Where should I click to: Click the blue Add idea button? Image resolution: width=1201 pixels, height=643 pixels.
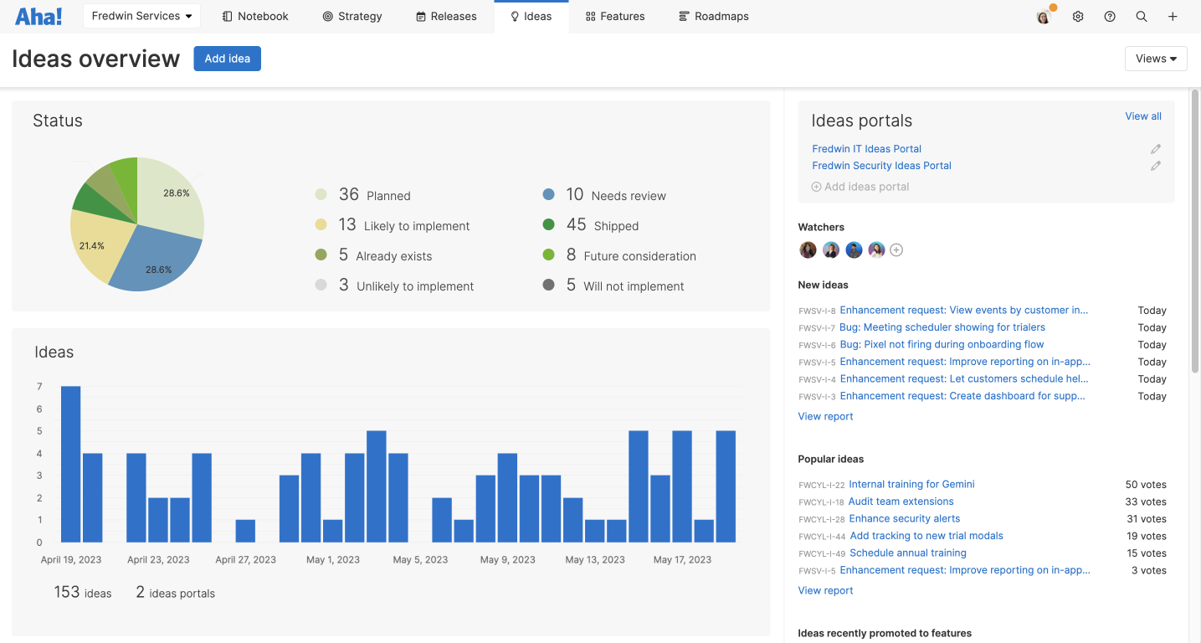(x=227, y=59)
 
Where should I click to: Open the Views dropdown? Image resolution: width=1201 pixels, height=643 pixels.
(x=1156, y=59)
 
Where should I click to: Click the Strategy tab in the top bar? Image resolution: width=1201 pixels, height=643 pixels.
(x=352, y=16)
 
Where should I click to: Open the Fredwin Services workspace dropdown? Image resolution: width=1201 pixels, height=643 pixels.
(x=141, y=16)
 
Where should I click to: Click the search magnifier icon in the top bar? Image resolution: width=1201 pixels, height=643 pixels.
(x=1142, y=17)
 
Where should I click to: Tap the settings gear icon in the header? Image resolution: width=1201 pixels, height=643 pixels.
(x=1078, y=17)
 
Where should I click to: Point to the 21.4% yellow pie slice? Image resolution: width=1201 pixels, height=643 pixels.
(x=94, y=245)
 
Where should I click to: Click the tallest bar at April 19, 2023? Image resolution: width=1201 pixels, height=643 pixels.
(x=71, y=464)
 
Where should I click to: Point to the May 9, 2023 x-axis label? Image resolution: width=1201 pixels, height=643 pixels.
(x=507, y=559)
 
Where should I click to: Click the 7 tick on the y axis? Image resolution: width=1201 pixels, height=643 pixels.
(x=39, y=387)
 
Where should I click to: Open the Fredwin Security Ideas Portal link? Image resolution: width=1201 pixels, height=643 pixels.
(x=881, y=166)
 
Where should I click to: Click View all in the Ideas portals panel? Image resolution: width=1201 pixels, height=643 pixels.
(x=1142, y=116)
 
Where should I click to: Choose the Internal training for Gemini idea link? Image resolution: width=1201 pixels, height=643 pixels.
(x=911, y=484)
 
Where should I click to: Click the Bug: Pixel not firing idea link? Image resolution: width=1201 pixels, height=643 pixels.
(x=942, y=344)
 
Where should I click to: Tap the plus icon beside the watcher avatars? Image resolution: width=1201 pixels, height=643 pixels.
(x=896, y=249)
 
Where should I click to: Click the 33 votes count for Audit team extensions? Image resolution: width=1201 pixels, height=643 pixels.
(x=1146, y=502)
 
